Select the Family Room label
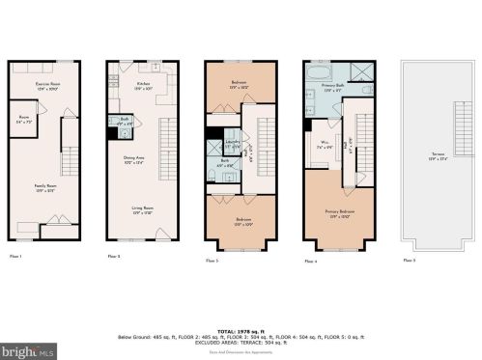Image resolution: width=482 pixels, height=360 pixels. [43, 189]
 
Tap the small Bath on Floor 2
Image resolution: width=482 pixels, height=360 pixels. [124, 124]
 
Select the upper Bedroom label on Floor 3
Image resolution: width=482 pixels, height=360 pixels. [239, 85]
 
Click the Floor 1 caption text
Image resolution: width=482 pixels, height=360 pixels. [15, 256]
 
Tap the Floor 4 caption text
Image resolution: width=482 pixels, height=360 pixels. [310, 262]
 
